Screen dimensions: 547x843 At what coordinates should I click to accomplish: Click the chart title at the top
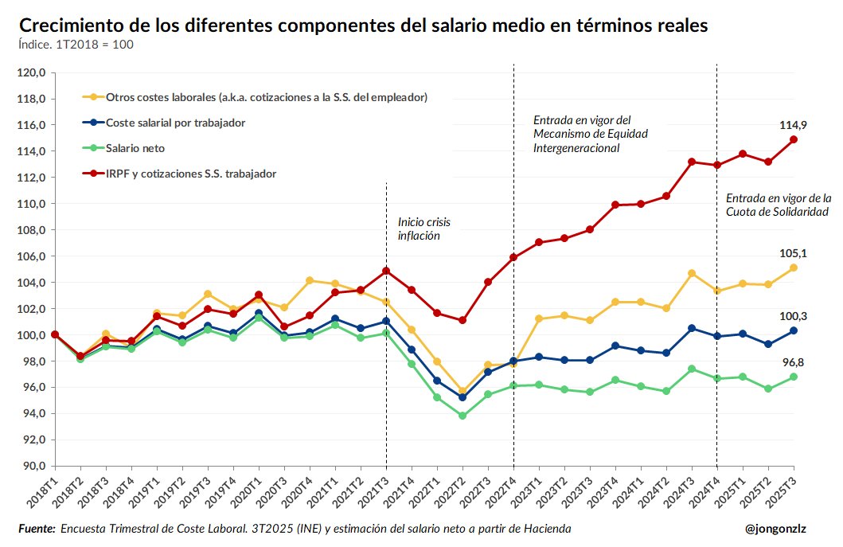click(x=362, y=25)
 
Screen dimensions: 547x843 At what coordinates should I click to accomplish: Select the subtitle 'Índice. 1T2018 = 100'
click(x=76, y=45)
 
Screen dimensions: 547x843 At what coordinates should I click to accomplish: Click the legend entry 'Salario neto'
click(x=135, y=148)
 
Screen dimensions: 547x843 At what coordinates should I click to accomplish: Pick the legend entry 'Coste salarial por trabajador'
click(x=175, y=123)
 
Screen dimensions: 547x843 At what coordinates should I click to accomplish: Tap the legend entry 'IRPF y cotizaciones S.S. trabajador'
click(x=191, y=173)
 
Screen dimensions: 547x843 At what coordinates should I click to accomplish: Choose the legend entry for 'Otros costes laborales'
click(x=267, y=97)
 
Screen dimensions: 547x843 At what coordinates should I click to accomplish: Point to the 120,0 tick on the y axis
click(x=36, y=73)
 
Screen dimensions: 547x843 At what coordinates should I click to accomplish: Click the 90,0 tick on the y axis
click(x=36, y=466)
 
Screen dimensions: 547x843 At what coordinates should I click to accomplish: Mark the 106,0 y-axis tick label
click(x=36, y=256)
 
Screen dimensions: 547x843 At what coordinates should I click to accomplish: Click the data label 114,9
click(x=794, y=125)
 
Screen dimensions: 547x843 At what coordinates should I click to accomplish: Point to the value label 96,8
click(x=794, y=362)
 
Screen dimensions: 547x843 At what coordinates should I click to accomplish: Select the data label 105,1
click(x=794, y=253)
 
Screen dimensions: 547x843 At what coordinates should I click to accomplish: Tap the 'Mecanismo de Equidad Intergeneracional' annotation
click(x=590, y=134)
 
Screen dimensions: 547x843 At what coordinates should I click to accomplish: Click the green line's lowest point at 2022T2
click(x=462, y=416)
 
